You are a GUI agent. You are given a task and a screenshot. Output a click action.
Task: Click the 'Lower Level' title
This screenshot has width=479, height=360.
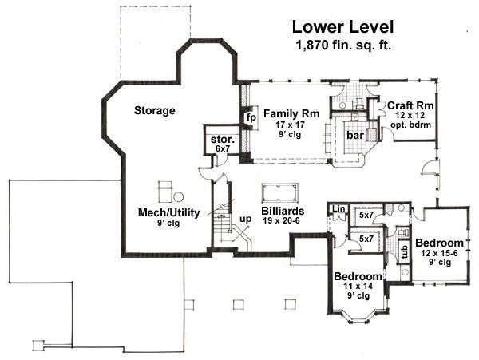click(x=342, y=27)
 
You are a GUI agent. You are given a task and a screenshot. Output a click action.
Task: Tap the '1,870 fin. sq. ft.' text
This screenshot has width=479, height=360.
click(x=343, y=45)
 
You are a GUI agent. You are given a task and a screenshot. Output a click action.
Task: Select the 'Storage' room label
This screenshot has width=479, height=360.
click(x=155, y=110)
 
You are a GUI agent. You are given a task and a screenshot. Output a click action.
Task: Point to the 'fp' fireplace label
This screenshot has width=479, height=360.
click(x=251, y=118)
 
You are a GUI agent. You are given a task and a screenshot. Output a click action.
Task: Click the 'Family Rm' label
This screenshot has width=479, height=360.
click(x=291, y=113)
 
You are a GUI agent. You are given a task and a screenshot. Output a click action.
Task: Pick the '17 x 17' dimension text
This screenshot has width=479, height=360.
click(x=290, y=125)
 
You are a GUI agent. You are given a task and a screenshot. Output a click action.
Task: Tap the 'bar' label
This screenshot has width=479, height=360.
click(x=355, y=135)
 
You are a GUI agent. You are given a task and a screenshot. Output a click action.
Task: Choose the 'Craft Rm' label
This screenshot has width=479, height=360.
click(x=410, y=105)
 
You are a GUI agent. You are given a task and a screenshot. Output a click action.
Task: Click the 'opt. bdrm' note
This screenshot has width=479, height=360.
click(x=411, y=125)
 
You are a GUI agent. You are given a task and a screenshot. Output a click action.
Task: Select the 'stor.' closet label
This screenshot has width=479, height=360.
click(x=223, y=140)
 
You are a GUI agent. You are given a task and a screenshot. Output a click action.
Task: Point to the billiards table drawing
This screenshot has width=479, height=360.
click(x=279, y=193)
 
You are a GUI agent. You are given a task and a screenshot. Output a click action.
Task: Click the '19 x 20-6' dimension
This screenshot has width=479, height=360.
click(x=282, y=220)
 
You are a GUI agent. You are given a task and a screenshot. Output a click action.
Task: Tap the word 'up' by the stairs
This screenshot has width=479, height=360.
click(x=245, y=220)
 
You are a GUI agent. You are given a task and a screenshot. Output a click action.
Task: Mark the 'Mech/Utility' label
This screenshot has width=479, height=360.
click(x=169, y=212)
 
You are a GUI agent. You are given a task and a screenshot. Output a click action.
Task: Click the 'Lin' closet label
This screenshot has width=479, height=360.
click(x=338, y=209)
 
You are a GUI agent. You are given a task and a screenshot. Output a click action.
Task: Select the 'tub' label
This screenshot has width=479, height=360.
click(x=405, y=252)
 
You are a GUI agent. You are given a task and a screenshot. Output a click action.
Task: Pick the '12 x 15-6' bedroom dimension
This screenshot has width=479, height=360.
click(x=439, y=253)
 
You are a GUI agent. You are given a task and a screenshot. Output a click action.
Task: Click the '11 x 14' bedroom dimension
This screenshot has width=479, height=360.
click(x=358, y=286)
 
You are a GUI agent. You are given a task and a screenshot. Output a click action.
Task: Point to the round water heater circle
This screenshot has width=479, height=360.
click(x=178, y=196)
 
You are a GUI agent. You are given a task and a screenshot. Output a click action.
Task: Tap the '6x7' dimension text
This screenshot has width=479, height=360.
click(x=222, y=148)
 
